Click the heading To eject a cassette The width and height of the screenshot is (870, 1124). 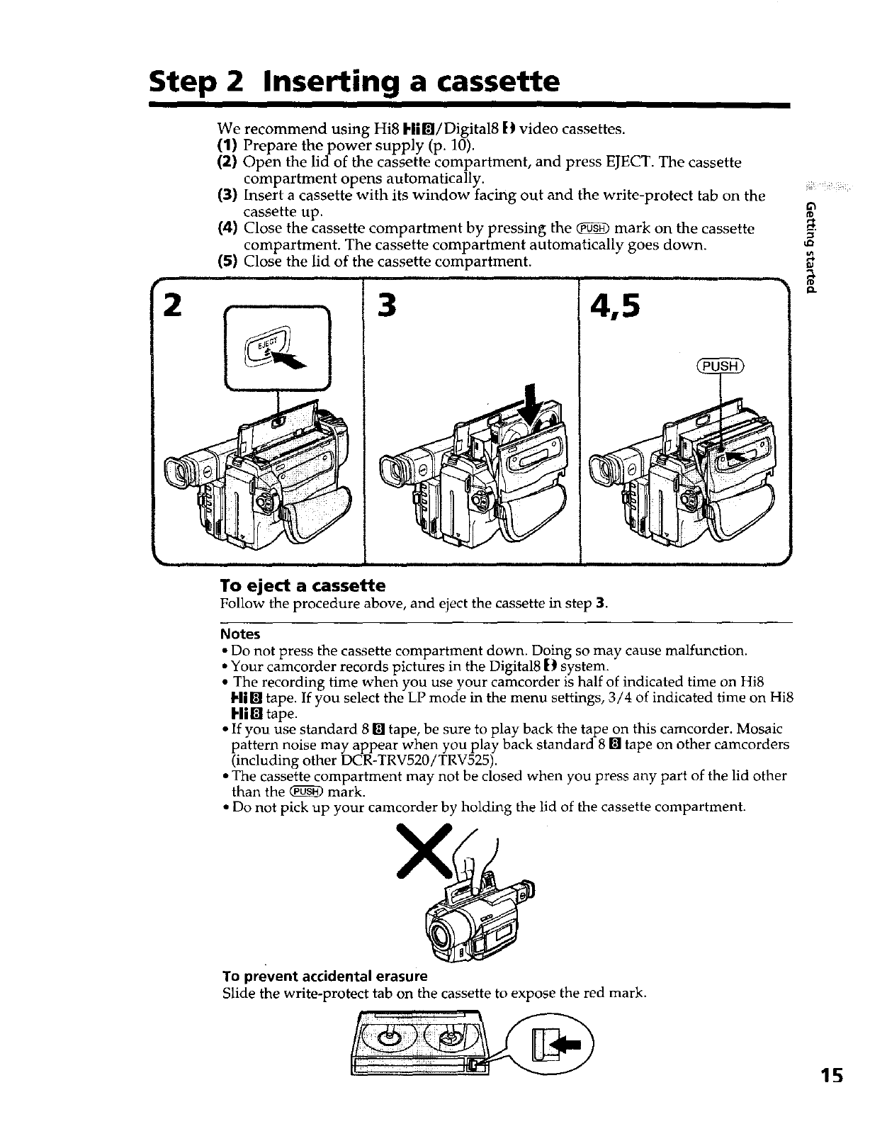[303, 586]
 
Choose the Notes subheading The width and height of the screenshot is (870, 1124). [240, 634]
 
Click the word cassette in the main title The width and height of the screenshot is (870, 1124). [490, 82]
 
